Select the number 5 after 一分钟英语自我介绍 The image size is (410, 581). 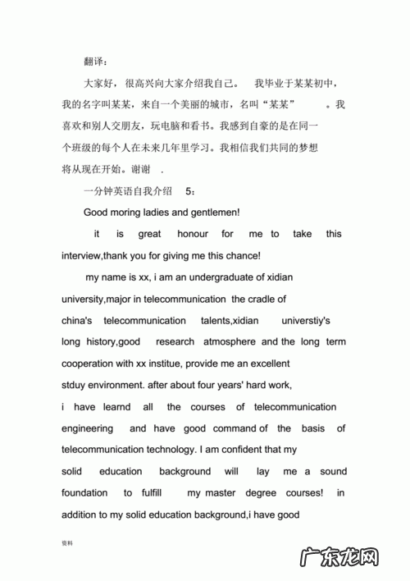tap(189, 190)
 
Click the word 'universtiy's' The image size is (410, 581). tap(305, 320)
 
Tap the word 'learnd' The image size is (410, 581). tap(113, 406)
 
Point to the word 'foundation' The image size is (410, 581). tap(84, 493)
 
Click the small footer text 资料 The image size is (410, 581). tap(68, 543)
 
